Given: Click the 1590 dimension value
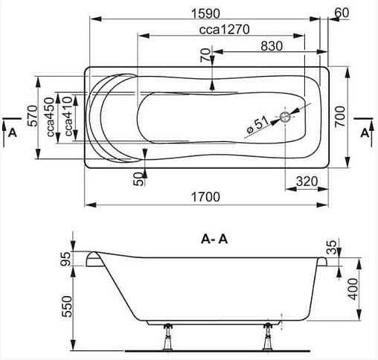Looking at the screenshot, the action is pyautogui.click(x=205, y=13).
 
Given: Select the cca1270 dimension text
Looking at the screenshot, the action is pyautogui.click(x=224, y=30).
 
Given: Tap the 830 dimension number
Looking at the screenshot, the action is pyautogui.click(x=272, y=46).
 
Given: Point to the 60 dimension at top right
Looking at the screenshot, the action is pyautogui.click(x=342, y=13).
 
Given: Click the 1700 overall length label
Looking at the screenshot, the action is pyautogui.click(x=205, y=197).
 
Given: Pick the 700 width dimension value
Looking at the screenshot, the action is pyautogui.click(x=340, y=117).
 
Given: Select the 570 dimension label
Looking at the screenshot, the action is pyautogui.click(x=33, y=116).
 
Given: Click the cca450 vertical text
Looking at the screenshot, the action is pyautogui.click(x=50, y=117).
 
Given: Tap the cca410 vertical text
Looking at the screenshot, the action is pyautogui.click(x=68, y=116).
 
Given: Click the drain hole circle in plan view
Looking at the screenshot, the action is pyautogui.click(x=285, y=117).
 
